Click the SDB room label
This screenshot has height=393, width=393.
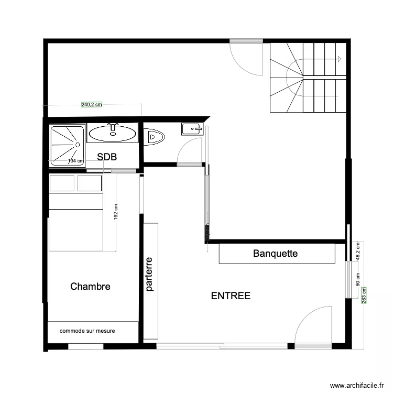coord(107,157)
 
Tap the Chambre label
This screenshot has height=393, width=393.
coord(90,287)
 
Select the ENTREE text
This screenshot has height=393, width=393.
coord(231,296)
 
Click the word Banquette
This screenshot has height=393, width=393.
coord(275,254)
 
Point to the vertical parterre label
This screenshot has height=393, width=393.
coord(149,274)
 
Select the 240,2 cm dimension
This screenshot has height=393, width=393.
coord(91,105)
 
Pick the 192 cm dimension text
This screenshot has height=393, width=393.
coord(116,212)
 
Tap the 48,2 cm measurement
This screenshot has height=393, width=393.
coord(358,251)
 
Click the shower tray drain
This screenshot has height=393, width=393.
coord(78,144)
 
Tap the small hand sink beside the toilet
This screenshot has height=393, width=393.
coord(192,128)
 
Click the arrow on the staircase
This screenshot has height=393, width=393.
coord(340,59)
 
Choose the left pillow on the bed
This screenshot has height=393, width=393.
coord(62,183)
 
